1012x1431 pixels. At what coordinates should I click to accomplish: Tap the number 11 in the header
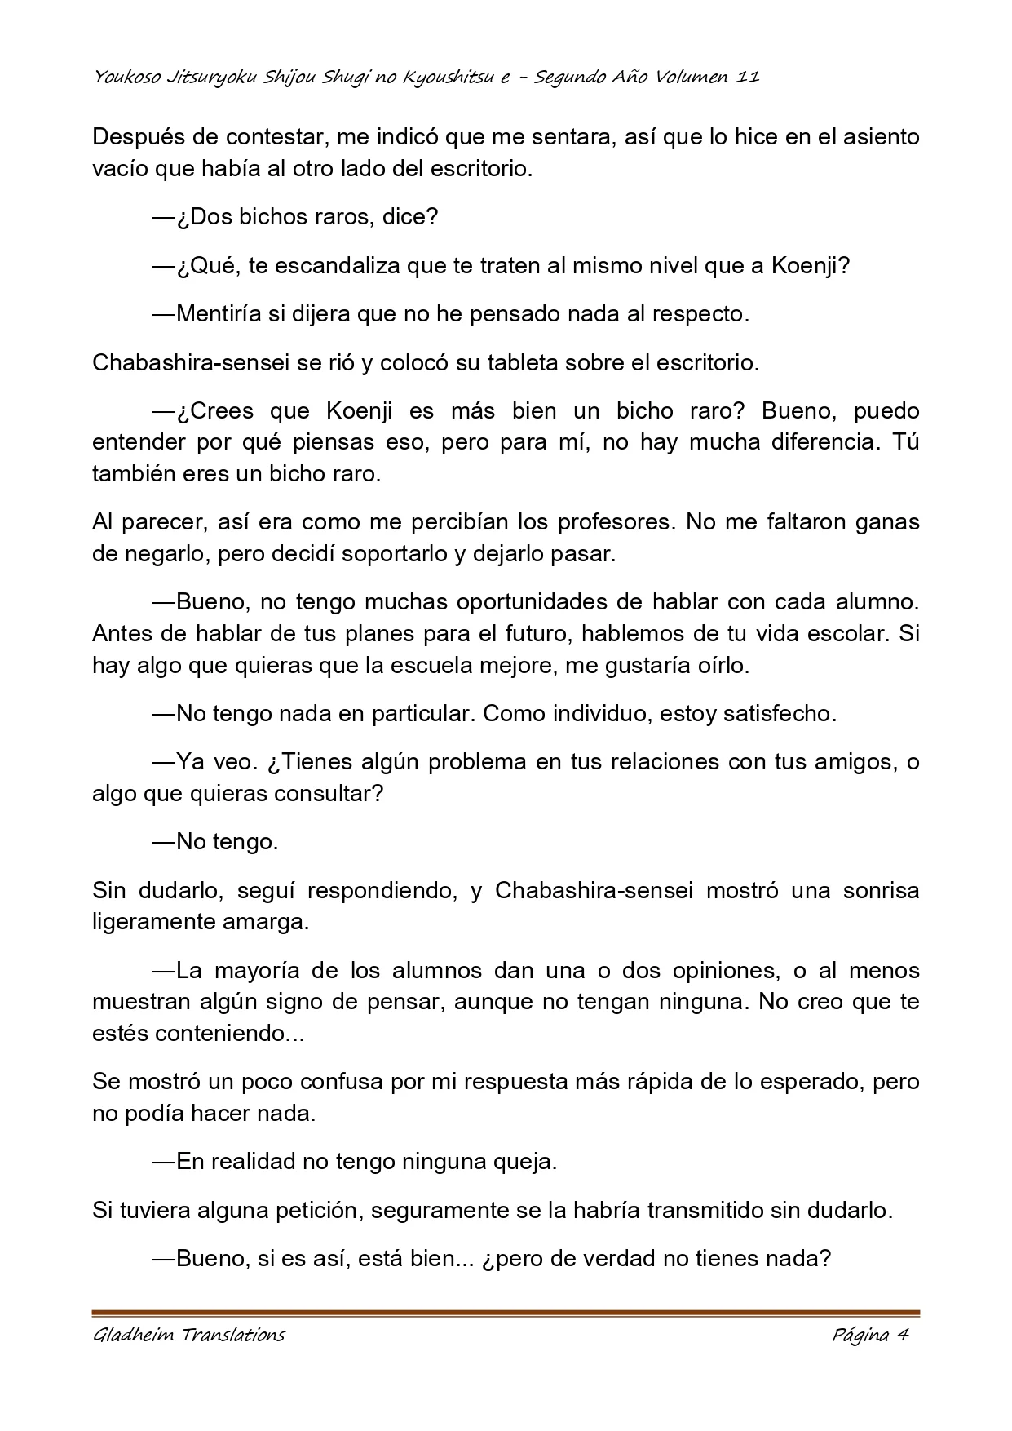click(x=748, y=78)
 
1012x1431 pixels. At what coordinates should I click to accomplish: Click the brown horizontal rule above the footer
click(x=506, y=1313)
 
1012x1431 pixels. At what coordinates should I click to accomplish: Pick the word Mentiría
click(x=217, y=314)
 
